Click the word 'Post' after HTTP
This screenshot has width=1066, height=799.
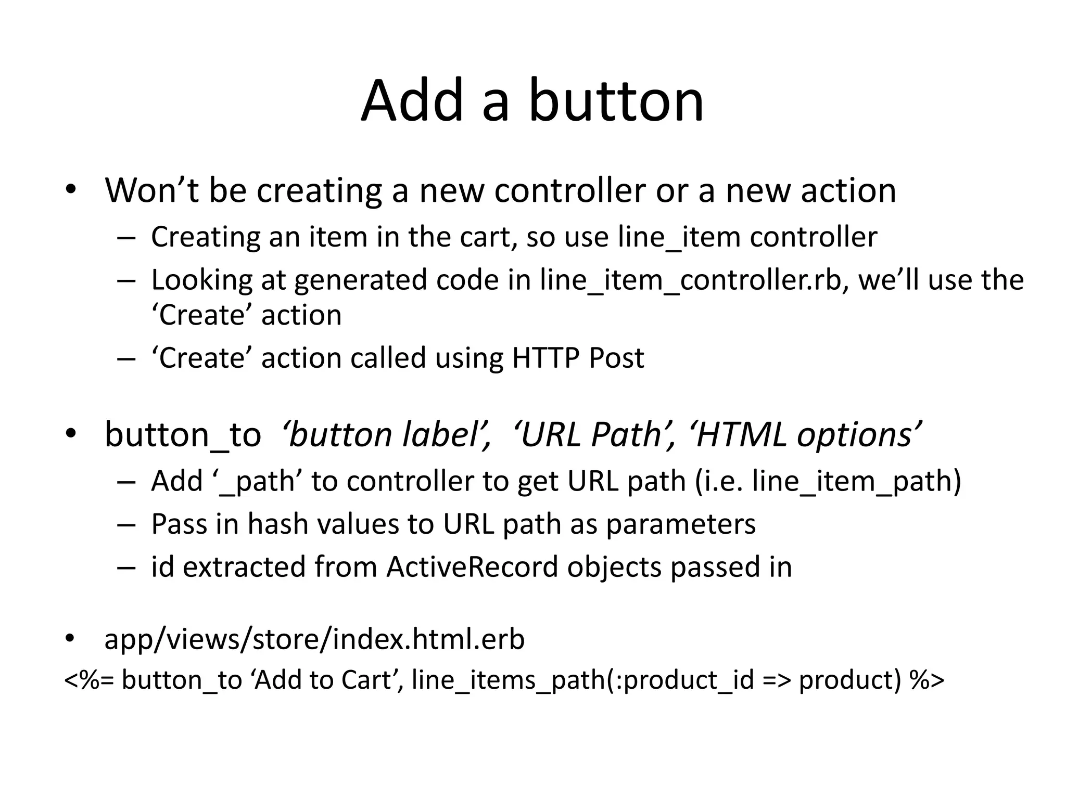(617, 358)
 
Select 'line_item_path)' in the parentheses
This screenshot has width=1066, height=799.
(857, 482)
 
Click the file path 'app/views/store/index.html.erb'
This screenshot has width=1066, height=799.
(314, 639)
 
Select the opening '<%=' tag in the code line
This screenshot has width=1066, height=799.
(88, 680)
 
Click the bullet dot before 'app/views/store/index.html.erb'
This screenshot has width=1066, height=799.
(71, 639)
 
